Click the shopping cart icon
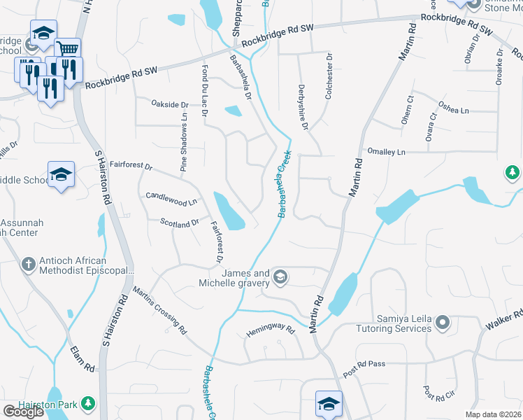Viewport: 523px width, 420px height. (x=67, y=48)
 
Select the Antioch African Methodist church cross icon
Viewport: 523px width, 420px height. (x=28, y=264)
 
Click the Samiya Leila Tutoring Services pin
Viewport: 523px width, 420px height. (x=442, y=323)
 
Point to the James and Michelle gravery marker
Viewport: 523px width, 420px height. (x=280, y=278)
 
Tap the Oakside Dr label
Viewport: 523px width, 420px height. (x=170, y=104)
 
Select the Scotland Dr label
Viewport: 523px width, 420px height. (x=180, y=224)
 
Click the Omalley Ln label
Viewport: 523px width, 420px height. (x=386, y=152)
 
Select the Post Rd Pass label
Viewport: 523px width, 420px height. (x=364, y=364)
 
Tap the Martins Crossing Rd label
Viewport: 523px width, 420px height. (x=160, y=310)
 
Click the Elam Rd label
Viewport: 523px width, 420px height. (x=82, y=357)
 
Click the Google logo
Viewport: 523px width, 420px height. (x=23, y=412)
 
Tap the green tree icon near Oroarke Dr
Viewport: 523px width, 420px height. (x=513, y=172)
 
